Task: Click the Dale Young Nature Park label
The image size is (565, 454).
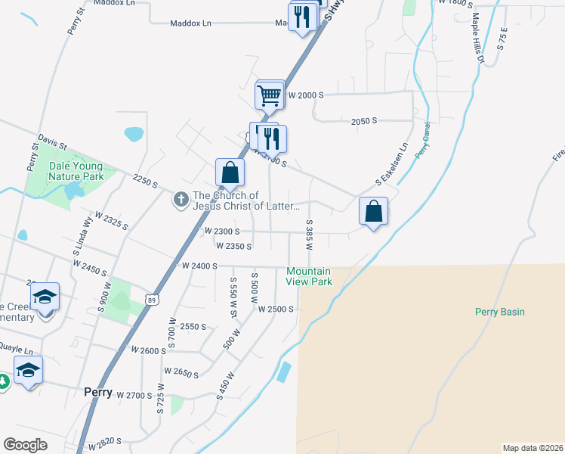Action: pyautogui.click(x=76, y=171)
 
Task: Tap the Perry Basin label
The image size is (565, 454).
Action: pyautogui.click(x=499, y=312)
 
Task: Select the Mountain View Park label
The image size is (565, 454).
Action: pyautogui.click(x=309, y=276)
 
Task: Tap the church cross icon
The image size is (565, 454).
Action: pyautogui.click(x=181, y=200)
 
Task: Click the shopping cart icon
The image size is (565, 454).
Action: pyautogui.click(x=270, y=96)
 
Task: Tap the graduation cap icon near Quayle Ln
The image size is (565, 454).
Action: pyautogui.click(x=29, y=370)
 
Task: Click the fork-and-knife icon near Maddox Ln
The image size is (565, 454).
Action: pyautogui.click(x=303, y=16)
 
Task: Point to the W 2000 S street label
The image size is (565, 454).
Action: pyautogui.click(x=305, y=95)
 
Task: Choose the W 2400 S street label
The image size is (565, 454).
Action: pyautogui.click(x=199, y=266)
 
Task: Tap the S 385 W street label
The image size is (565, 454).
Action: pyautogui.click(x=310, y=235)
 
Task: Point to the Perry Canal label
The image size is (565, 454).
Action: pyautogui.click(x=422, y=140)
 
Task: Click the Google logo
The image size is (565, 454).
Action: pyautogui.click(x=25, y=445)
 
